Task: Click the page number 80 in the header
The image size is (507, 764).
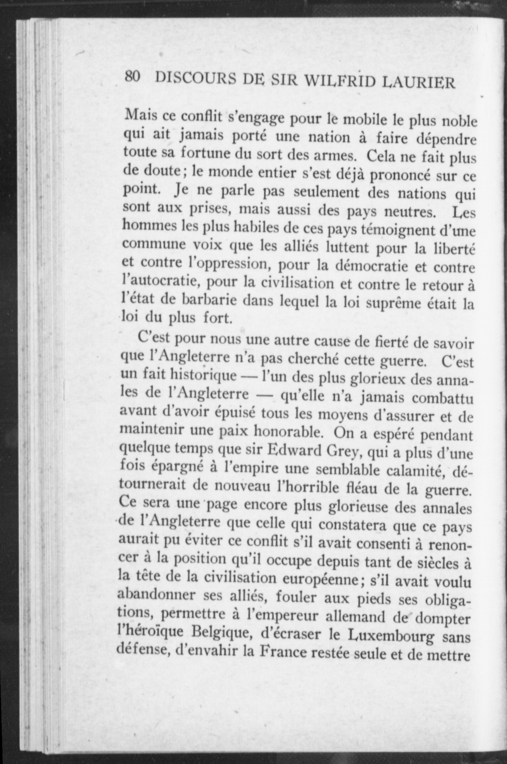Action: pyautogui.click(x=133, y=77)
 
